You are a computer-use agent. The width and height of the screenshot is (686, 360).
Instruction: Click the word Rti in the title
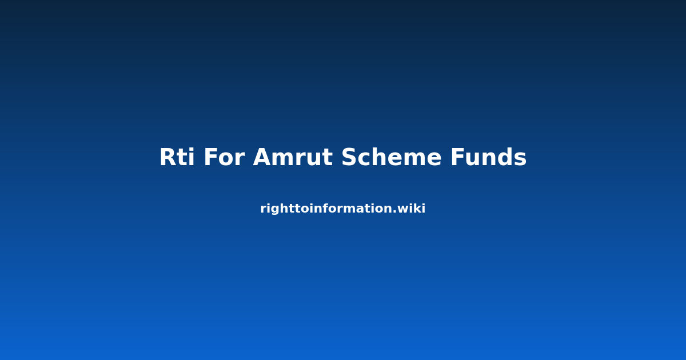tap(177, 157)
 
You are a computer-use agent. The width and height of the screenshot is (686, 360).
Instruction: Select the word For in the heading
tap(225, 157)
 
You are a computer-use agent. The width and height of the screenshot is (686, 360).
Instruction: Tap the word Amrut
tap(293, 157)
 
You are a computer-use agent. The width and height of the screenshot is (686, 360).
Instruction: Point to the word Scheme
tap(392, 157)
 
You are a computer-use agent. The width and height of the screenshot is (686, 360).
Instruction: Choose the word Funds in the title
tap(488, 157)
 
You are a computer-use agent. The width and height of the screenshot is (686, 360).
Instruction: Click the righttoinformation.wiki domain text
tap(342, 209)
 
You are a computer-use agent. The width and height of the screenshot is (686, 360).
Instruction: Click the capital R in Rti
tap(169, 157)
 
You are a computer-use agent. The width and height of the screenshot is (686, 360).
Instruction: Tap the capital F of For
tap(211, 157)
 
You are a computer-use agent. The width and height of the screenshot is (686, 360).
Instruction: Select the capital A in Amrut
tap(263, 157)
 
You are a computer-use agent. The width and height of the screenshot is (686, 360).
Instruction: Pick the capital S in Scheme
tap(350, 157)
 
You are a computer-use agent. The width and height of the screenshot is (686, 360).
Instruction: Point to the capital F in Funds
tap(458, 157)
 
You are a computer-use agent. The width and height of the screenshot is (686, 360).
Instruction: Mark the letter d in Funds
tap(504, 157)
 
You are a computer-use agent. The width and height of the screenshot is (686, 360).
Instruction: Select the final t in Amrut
tap(328, 158)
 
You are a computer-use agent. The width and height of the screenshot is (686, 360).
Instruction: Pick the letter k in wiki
tap(417, 208)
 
